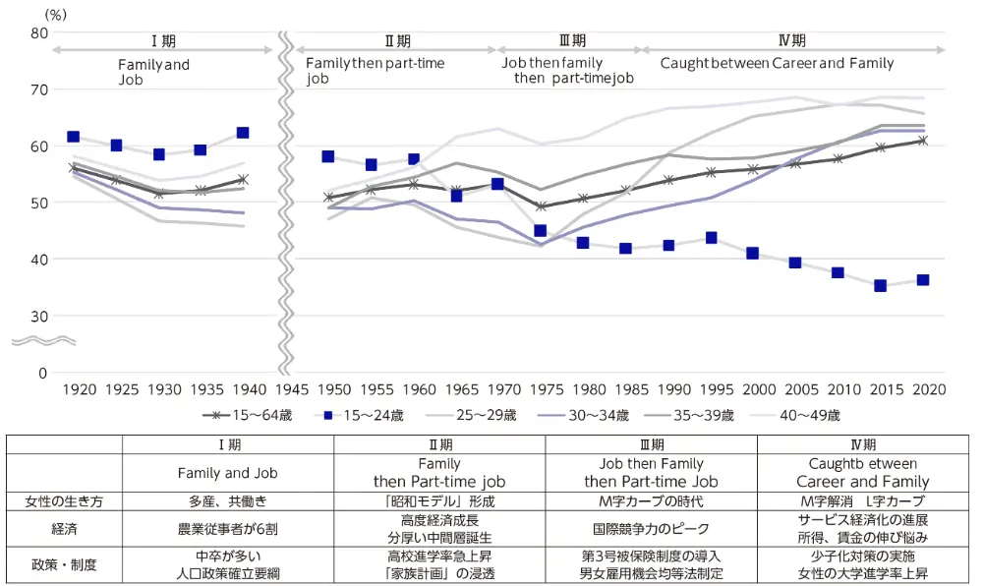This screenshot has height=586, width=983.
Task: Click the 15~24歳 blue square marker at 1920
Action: click(73, 137)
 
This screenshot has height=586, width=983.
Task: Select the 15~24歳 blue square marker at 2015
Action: click(880, 285)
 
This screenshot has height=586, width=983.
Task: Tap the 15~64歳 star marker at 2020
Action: click(921, 141)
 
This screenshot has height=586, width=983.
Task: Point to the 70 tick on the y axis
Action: click(39, 89)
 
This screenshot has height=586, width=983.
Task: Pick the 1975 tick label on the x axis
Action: click(541, 389)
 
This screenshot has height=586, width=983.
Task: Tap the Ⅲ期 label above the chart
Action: click(572, 40)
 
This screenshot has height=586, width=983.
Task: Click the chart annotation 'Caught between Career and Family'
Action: click(777, 63)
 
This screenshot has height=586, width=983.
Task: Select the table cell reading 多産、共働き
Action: click(227, 500)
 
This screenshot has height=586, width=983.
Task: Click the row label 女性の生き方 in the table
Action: click(64, 500)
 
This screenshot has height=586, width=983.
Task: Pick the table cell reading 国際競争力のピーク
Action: click(651, 528)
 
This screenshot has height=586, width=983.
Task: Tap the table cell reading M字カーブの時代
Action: click(651, 500)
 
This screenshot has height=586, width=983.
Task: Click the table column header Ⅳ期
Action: click(862, 444)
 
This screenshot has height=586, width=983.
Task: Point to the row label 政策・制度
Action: click(64, 564)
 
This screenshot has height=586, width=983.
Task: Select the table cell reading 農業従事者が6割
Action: click(227, 528)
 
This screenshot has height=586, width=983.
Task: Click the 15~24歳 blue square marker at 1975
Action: click(541, 231)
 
